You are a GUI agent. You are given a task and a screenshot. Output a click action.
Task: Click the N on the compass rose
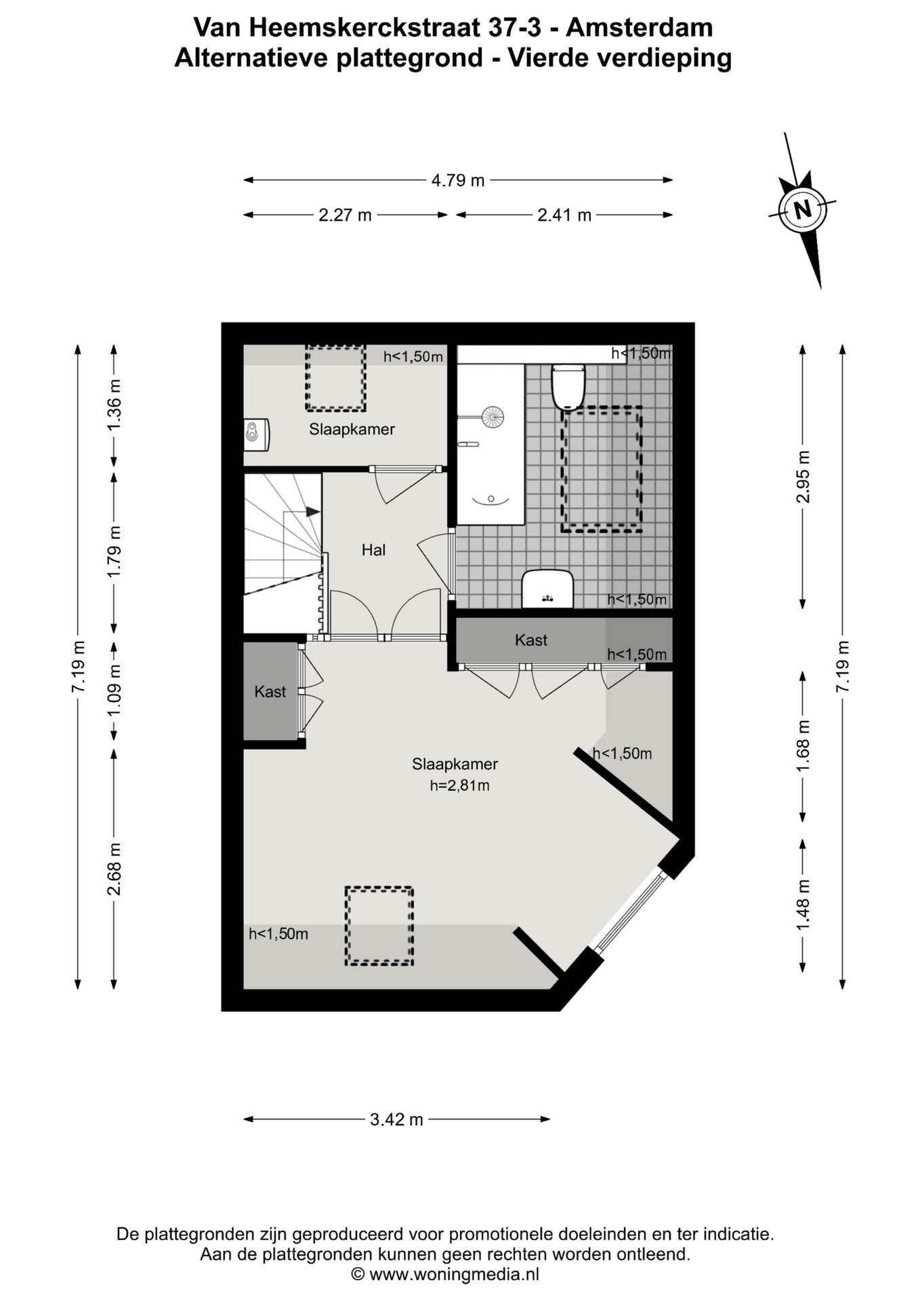coord(803,209)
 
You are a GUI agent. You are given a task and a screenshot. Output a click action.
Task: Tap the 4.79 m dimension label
coord(458,180)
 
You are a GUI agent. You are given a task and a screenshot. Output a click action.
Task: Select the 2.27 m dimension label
coord(345,215)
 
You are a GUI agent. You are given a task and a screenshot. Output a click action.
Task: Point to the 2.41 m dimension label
coord(564,215)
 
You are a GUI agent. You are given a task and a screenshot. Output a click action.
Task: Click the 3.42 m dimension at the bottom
coord(396,1119)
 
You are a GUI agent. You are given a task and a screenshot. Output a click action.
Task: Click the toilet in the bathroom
coord(568,387)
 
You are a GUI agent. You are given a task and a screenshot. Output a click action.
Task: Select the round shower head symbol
coord(493,417)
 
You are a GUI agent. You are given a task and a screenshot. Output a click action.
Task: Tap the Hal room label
coord(373,550)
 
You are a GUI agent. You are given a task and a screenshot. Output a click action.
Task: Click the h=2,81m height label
coord(459,786)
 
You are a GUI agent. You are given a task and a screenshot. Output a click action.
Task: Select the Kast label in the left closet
coord(270,692)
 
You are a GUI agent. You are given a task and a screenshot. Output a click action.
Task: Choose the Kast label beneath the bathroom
coord(531,640)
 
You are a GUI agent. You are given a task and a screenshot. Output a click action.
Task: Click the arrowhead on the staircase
coord(312,512)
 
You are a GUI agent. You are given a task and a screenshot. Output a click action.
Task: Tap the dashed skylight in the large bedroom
coord(379,926)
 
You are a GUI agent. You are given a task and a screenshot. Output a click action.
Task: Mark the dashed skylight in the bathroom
coord(601,469)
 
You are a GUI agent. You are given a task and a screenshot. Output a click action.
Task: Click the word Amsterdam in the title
coord(639,28)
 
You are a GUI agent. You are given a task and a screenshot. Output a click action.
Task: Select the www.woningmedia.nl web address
coord(454,1275)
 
